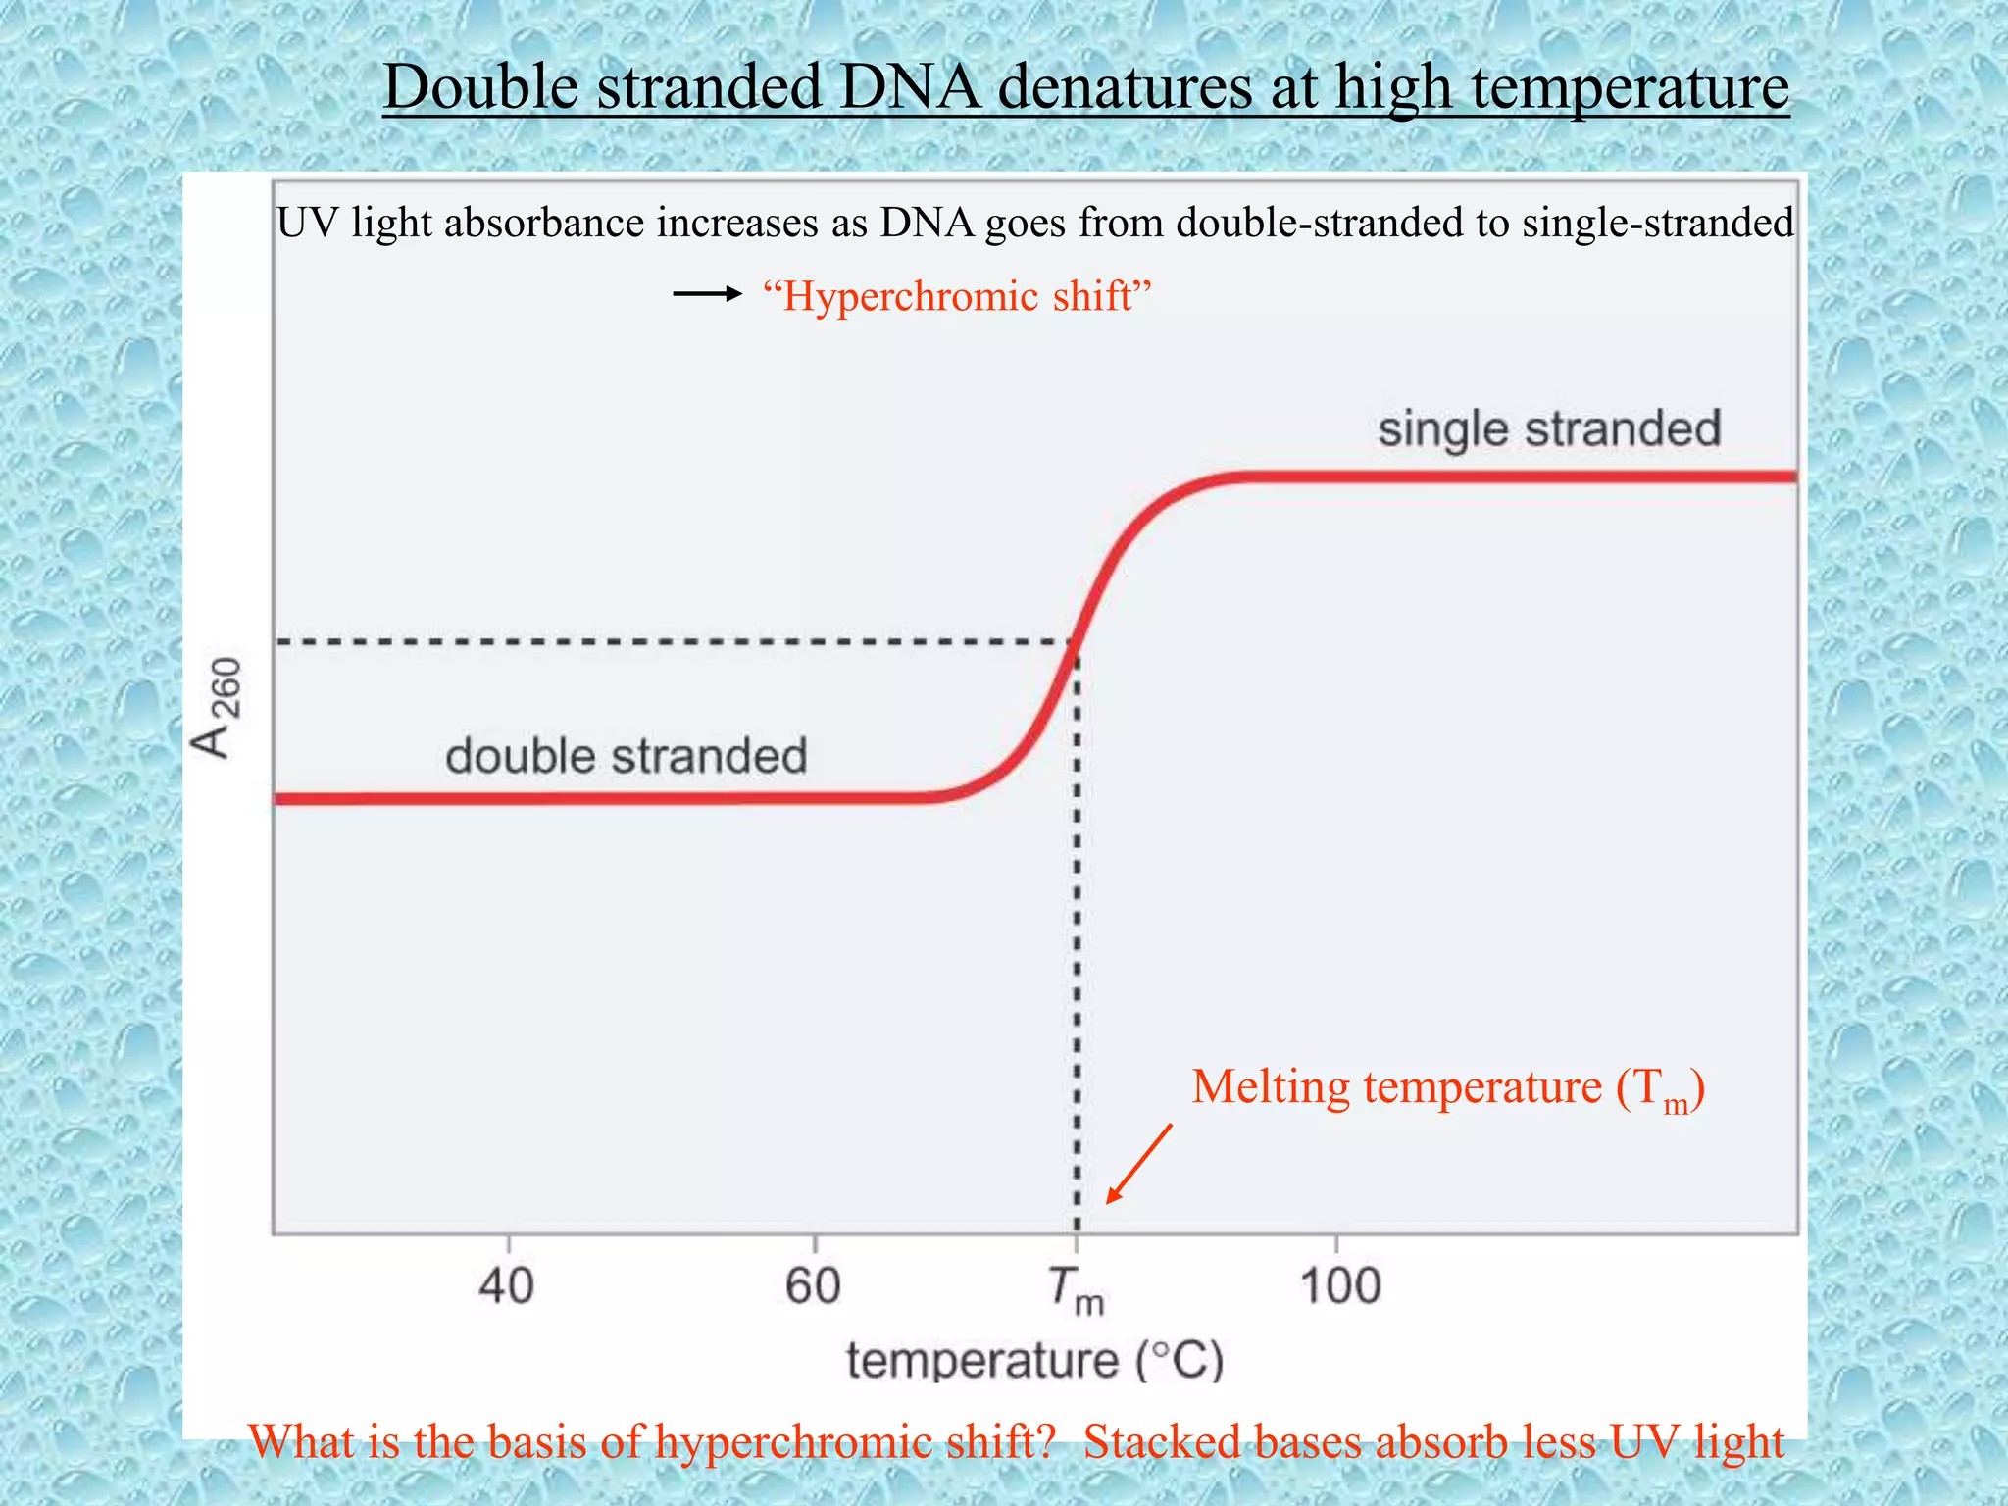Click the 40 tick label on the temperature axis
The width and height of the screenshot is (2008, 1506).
tap(506, 1285)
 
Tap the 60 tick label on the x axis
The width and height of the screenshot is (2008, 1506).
tap(813, 1285)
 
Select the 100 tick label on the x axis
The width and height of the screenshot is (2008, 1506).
tap(1340, 1285)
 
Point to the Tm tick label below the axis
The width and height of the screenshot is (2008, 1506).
tap(1076, 1290)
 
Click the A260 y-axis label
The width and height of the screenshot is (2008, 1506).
tap(217, 708)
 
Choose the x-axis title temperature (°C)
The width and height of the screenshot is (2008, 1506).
tap(1035, 1361)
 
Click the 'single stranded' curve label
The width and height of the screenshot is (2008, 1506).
tap(1549, 429)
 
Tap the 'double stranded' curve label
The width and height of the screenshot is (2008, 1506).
tap(626, 757)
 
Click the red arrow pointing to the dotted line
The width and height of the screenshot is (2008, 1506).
tap(1139, 1164)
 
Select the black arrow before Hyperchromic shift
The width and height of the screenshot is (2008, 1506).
tap(707, 294)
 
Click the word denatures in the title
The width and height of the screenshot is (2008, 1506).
tap(1125, 86)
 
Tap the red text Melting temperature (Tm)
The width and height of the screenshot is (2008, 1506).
tap(1447, 1088)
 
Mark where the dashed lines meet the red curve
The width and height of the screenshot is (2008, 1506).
tap(1077, 642)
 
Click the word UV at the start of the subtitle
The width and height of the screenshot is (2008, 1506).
tap(307, 223)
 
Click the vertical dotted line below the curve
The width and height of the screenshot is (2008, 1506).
tap(1077, 931)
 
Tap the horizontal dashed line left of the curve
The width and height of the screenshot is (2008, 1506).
tap(667, 642)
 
